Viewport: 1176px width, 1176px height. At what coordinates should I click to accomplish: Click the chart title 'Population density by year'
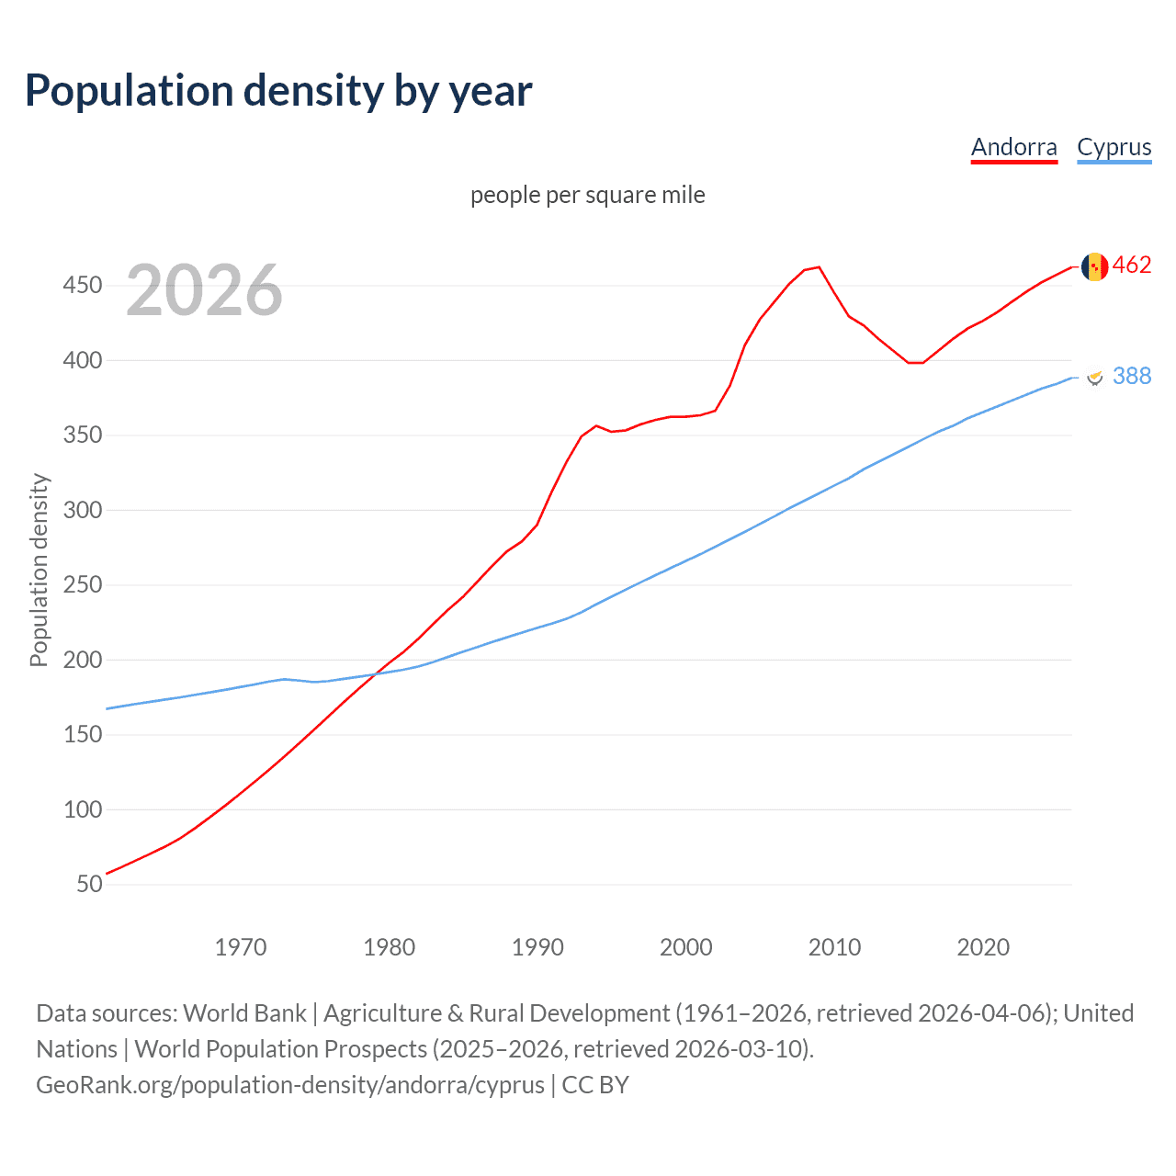point(278,91)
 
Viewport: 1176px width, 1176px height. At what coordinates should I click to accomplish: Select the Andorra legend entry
point(1013,147)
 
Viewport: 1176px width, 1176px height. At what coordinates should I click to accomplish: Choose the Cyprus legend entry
point(1114,147)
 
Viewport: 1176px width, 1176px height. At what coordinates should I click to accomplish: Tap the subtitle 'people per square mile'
point(587,195)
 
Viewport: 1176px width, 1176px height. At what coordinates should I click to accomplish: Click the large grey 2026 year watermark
point(204,290)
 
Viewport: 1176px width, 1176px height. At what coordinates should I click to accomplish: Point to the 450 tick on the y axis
point(82,286)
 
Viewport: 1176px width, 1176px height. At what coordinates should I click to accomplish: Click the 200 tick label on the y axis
point(82,660)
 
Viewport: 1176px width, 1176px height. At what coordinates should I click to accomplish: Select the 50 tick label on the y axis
point(89,884)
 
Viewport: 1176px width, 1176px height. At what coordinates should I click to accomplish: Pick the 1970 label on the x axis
point(240,947)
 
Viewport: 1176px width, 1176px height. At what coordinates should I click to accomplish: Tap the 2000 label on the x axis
point(685,947)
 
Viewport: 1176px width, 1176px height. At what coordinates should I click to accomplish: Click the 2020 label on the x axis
point(982,947)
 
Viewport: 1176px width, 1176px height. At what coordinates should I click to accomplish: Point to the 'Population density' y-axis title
point(39,570)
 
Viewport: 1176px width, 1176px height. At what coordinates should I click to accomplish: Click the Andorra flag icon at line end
point(1094,266)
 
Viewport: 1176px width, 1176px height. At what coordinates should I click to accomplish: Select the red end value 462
point(1132,266)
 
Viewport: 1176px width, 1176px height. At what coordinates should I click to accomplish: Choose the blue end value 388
point(1132,376)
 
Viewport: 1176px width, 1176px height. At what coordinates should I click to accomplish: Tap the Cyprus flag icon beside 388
point(1094,377)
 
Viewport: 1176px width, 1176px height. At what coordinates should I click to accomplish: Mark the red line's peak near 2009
point(819,267)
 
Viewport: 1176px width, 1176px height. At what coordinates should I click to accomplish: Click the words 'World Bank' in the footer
point(244,1013)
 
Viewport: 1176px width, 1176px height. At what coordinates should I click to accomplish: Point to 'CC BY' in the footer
point(595,1085)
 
